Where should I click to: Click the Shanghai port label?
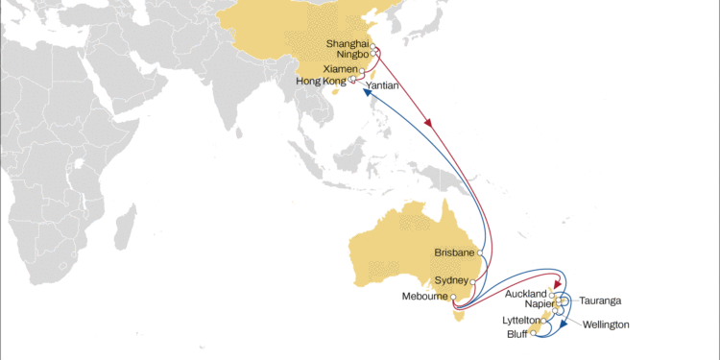click(348, 43)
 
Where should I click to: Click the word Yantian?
click(382, 85)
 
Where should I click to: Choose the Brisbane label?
click(456, 252)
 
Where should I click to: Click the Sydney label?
click(452, 279)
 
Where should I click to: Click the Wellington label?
click(606, 324)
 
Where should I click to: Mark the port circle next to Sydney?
click(473, 280)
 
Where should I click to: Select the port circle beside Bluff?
click(534, 333)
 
